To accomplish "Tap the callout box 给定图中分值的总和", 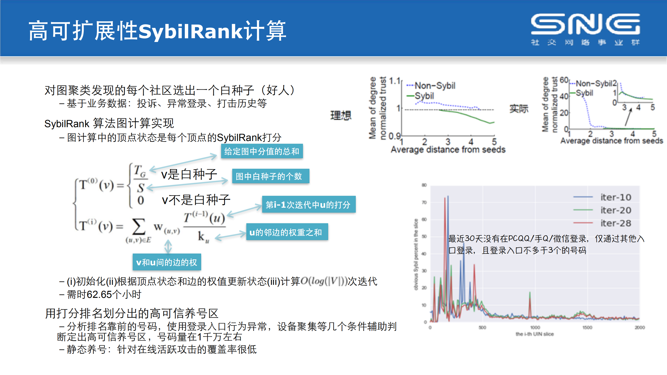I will point(262,151).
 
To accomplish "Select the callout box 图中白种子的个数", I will point(270,176).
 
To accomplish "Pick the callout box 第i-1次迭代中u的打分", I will point(308,205).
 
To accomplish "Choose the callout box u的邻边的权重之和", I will point(287,232).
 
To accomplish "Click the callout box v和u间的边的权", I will point(167,262).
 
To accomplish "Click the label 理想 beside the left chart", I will point(341,115).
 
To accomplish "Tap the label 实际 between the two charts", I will point(519,109).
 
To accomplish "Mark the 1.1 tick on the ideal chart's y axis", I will point(395,81).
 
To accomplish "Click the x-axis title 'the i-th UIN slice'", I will point(534,334).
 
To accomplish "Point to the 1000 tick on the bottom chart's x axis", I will point(535,327).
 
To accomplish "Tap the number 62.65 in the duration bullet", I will point(99,294).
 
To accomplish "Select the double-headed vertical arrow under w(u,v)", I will point(168,247).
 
